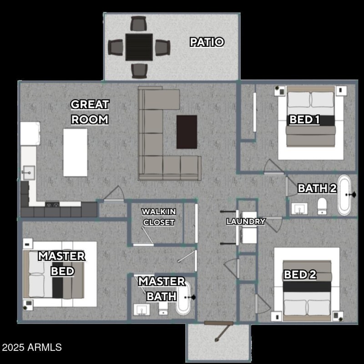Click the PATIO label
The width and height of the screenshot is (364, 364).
click(x=207, y=42)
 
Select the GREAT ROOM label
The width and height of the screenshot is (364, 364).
click(x=90, y=112)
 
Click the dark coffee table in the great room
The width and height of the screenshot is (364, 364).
click(x=187, y=131)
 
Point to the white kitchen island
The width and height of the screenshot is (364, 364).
click(x=75, y=152)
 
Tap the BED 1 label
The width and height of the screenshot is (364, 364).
click(x=304, y=120)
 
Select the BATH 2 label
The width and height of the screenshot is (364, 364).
click(x=317, y=188)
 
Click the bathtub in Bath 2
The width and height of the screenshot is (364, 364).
click(x=344, y=196)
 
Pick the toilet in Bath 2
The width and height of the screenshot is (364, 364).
click(x=322, y=205)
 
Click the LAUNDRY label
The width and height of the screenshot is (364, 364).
click(x=246, y=222)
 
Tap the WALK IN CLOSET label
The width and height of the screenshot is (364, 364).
click(x=158, y=217)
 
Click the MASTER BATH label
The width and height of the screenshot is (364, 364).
click(x=162, y=288)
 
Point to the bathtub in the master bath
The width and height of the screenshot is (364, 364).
click(x=183, y=298)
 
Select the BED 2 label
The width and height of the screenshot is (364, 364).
click(x=300, y=275)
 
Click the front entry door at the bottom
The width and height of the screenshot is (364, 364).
click(x=218, y=324)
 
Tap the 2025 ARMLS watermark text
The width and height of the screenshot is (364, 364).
click(x=31, y=348)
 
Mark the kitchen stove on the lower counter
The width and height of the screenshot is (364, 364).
click(x=52, y=205)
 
